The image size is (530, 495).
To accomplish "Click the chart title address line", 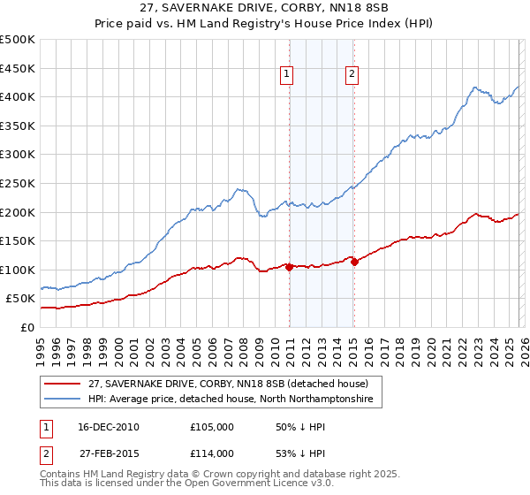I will (x=265, y=7).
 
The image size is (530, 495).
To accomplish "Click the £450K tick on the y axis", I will (x=18, y=68).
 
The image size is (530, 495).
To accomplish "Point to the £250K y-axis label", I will (x=18, y=183).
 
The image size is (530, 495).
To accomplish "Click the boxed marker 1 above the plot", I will (x=288, y=75).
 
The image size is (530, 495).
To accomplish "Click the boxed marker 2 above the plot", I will (x=352, y=75).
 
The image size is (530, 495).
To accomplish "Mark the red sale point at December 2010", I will (x=289, y=266).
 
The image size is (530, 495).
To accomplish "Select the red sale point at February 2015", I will (x=354, y=261).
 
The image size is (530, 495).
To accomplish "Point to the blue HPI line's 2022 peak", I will (x=475, y=88).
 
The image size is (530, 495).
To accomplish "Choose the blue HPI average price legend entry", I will (x=230, y=400).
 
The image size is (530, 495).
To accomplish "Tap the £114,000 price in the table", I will (x=212, y=453).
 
